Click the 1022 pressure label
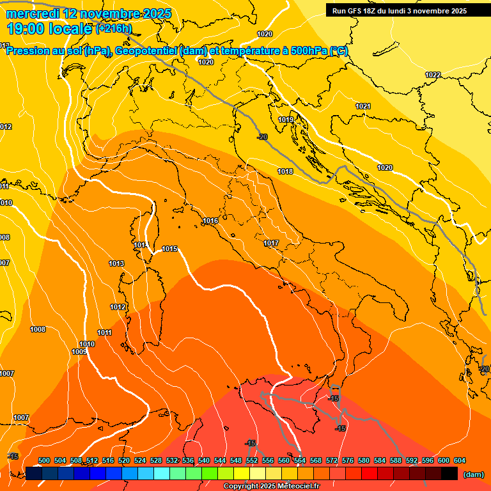(x=433, y=75)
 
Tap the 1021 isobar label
(x=363, y=106)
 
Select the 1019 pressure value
(x=286, y=120)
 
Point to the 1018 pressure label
(x=285, y=171)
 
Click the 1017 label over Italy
(x=271, y=243)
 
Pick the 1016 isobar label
(x=210, y=221)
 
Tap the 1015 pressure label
(x=170, y=249)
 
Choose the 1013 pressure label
(x=116, y=263)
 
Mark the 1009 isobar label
(x=79, y=352)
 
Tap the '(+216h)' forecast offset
(x=114, y=29)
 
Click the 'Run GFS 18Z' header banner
(x=400, y=11)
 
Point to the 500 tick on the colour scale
(x=44, y=460)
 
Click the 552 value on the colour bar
(x=252, y=460)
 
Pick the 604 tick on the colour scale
(x=460, y=460)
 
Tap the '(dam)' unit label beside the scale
(x=473, y=474)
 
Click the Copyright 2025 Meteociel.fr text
(x=271, y=486)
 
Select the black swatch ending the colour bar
(x=449, y=474)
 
